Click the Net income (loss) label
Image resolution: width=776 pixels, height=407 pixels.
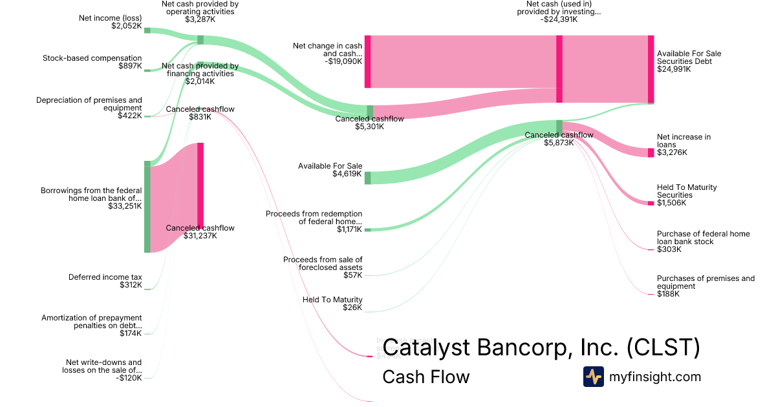pyautogui.click(x=110, y=17)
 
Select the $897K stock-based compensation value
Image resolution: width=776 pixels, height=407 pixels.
pyautogui.click(x=130, y=66)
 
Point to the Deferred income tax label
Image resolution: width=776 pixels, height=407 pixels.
pyautogui.click(x=105, y=277)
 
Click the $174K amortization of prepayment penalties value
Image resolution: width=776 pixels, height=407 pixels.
pyautogui.click(x=131, y=333)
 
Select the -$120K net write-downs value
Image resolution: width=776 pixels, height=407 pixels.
pyautogui.click(x=129, y=378)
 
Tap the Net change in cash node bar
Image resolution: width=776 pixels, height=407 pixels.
pyautogui.click(x=367, y=61)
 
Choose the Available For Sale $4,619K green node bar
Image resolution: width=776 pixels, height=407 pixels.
pyautogui.click(x=367, y=178)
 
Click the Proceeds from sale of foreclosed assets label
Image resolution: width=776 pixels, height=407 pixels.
pyautogui.click(x=323, y=264)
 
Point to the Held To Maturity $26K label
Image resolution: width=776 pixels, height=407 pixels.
pyautogui.click(x=332, y=300)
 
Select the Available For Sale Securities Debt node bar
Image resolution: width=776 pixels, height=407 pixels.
pyautogui.click(x=651, y=69)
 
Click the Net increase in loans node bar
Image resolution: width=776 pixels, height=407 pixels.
pyautogui.click(x=651, y=152)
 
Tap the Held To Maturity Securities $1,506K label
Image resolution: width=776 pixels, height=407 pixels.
pyautogui.click(x=687, y=191)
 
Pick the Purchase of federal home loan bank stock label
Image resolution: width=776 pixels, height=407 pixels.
pyautogui.click(x=703, y=238)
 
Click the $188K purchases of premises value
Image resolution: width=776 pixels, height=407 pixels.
pyautogui.click(x=668, y=294)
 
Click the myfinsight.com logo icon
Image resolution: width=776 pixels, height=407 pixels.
pyautogui.click(x=593, y=377)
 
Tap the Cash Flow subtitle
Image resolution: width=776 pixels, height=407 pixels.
pyautogui.click(x=426, y=377)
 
